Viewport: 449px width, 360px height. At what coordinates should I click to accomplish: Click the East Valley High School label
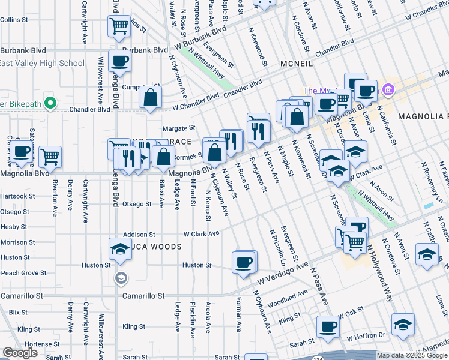coord(42,64)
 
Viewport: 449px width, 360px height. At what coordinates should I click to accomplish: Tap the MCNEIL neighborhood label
coord(295,63)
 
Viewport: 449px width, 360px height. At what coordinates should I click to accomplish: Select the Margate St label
coord(179,128)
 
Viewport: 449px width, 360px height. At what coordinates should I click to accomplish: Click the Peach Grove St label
coord(23,273)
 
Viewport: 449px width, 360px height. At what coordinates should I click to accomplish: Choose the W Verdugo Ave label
coord(283,273)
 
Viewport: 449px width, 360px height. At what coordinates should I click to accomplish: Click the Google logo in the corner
coord(20,353)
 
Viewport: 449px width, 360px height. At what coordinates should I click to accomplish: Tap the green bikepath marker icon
coord(50,104)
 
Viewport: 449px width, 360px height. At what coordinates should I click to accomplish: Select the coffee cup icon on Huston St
coord(243,264)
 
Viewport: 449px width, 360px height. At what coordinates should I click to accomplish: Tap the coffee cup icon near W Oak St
coord(328,328)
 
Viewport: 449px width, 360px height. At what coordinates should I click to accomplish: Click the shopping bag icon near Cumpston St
coord(150,98)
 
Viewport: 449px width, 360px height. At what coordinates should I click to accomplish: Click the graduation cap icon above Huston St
coord(120,250)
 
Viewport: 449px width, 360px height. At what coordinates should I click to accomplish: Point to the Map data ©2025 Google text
coord(411,355)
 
